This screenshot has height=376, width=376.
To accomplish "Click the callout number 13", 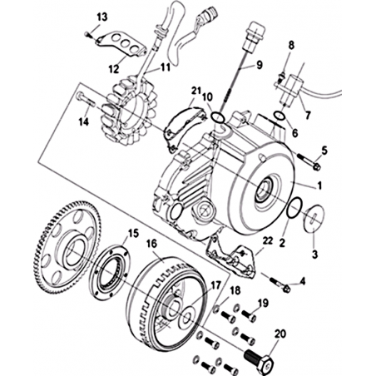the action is [101, 17].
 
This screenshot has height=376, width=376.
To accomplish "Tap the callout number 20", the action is [280, 334].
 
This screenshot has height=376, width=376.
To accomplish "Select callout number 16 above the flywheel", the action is [151, 244].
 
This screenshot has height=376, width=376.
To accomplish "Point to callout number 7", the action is [307, 115].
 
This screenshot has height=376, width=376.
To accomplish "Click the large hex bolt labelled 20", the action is [259, 360].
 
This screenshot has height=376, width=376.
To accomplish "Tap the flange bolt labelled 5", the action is [309, 161].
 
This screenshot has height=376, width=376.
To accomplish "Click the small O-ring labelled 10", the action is [218, 117].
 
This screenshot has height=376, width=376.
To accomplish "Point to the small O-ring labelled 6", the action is [279, 115].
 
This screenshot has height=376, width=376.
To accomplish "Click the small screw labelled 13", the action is [87, 34].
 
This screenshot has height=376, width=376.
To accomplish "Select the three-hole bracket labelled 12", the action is [121, 44].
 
